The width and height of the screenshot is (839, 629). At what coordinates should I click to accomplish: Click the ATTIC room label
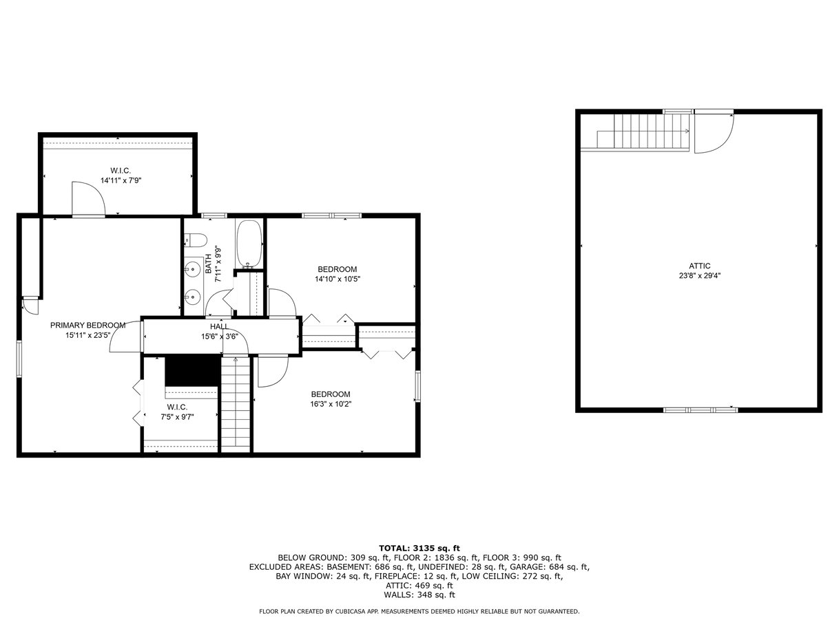point(699,266)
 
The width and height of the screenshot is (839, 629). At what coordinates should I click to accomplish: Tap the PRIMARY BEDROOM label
point(88,326)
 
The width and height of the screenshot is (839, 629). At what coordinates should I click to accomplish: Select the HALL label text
point(220,326)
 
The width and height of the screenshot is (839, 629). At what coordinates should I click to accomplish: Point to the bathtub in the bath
point(249,244)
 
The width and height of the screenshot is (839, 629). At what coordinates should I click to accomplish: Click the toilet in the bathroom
point(196,240)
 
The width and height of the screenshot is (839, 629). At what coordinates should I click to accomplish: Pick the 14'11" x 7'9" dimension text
point(121,180)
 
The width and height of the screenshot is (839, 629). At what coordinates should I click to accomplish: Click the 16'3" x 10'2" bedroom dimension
point(331,404)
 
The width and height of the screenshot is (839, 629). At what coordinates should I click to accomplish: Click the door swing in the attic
point(714,134)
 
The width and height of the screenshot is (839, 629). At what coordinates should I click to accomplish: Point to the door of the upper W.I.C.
point(89,199)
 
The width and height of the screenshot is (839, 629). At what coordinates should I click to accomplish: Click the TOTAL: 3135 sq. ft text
point(419,548)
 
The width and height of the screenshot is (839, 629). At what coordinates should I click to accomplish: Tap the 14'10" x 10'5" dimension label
point(338,279)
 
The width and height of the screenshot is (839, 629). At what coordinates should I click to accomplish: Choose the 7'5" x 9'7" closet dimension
point(177,417)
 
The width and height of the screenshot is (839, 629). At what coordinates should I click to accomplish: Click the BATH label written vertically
point(209,264)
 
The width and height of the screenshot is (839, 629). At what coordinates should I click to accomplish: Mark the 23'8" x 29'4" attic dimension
point(699,276)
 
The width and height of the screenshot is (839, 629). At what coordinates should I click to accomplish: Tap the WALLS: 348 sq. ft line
point(419,595)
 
